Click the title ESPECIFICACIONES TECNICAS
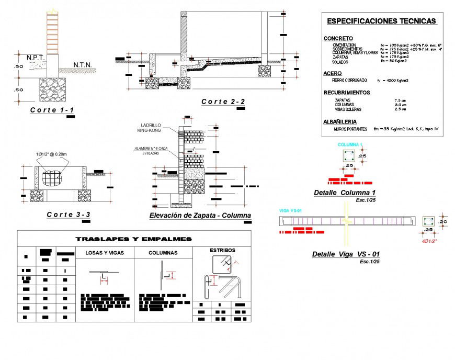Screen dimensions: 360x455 381,21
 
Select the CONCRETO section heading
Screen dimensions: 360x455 338,39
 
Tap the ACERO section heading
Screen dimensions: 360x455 333,73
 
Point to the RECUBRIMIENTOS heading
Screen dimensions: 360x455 347,93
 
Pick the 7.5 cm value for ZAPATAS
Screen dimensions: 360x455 400,99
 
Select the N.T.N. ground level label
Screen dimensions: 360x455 83,65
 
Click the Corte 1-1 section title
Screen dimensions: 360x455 52,110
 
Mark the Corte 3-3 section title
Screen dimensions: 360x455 69,215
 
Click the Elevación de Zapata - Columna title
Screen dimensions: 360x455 200,216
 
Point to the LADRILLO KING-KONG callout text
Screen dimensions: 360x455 151,128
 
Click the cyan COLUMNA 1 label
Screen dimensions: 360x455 350,144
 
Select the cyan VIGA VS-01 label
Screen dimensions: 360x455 291,210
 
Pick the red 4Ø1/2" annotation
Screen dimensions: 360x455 430,241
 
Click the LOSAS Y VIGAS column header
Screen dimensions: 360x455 105,253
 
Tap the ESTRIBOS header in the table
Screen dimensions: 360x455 222,250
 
